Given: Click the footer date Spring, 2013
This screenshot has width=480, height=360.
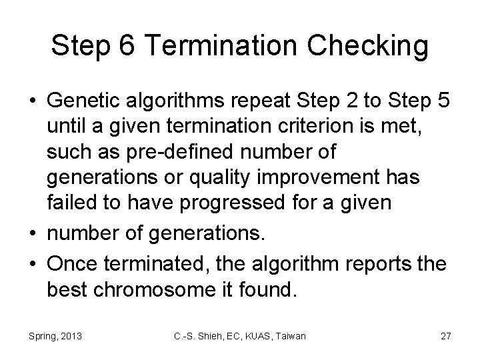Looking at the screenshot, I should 56,336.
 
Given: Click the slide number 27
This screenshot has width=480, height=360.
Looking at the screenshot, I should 445,336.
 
